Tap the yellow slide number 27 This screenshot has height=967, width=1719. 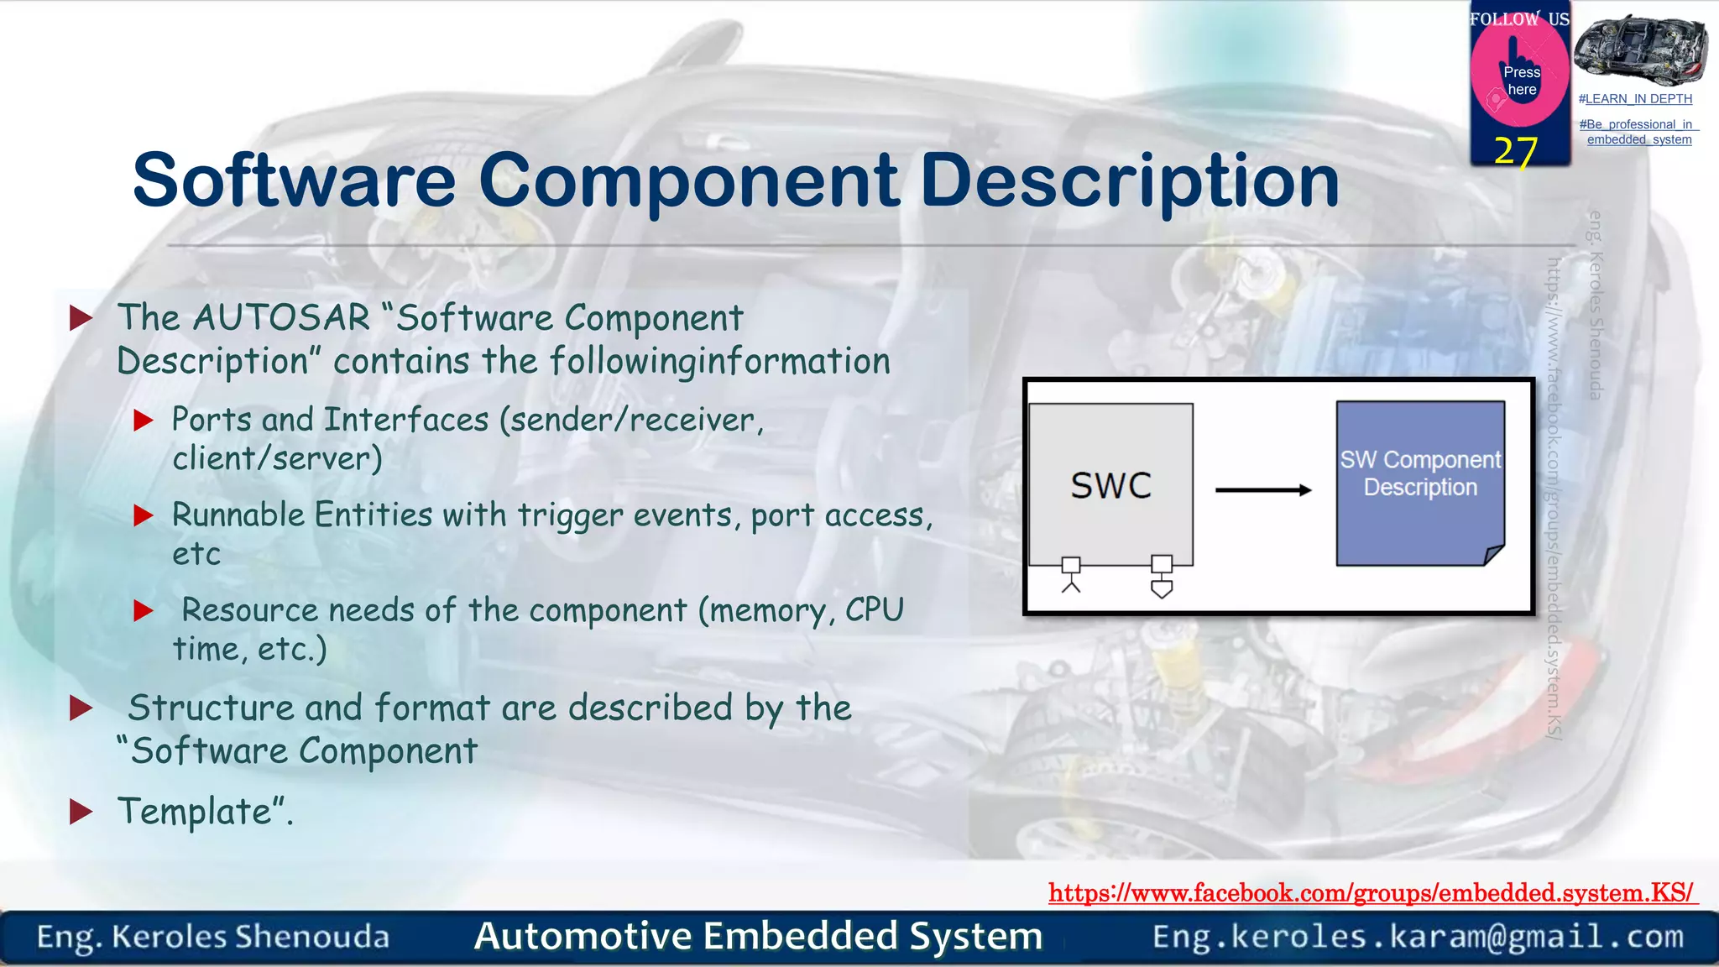point(1515,152)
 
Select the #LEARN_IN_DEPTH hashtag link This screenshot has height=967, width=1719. point(1635,99)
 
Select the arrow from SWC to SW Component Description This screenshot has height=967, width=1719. point(1262,490)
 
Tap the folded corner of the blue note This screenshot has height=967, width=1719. point(1493,555)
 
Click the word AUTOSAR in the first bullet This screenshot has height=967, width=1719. point(281,318)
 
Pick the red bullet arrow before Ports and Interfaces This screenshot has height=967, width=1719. point(144,420)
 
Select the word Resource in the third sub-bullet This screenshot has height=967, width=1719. point(249,610)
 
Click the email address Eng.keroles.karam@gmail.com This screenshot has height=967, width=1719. point(1418,937)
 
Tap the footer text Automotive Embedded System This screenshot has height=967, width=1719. point(758,936)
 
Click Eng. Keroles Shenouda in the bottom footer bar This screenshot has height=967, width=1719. point(213,937)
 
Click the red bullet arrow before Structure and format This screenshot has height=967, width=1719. point(81,708)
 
